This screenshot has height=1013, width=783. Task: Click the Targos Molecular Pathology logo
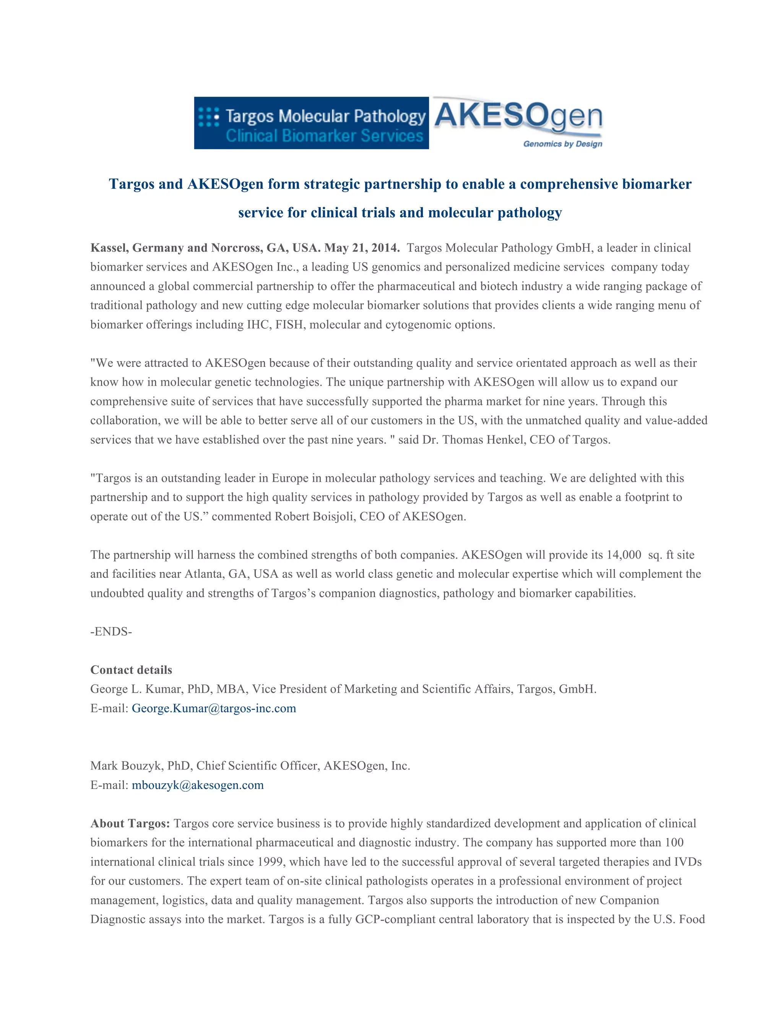click(311, 123)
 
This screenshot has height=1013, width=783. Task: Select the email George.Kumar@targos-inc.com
click(214, 708)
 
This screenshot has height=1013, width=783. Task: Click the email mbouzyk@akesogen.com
click(198, 785)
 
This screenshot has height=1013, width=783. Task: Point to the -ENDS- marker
click(111, 631)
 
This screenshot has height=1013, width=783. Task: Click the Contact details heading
click(131, 670)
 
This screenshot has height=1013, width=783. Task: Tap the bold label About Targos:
click(130, 823)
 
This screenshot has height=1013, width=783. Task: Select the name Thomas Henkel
click(482, 440)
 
